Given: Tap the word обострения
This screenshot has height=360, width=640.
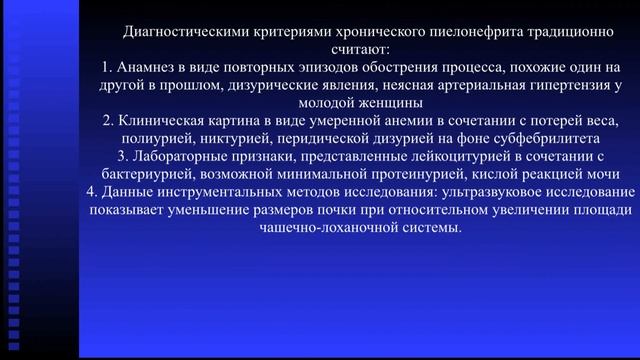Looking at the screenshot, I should click(x=355, y=66).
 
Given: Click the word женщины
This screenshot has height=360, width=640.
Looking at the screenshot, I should click(x=394, y=102).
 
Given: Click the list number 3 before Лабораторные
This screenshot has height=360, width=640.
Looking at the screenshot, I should click(x=124, y=157).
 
